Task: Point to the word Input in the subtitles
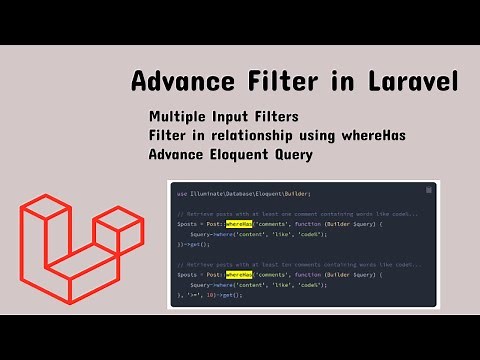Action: [x=246, y=116]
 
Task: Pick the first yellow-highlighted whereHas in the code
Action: [x=240, y=225]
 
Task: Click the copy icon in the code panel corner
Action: [x=429, y=190]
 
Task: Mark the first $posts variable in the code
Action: [x=187, y=225]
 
